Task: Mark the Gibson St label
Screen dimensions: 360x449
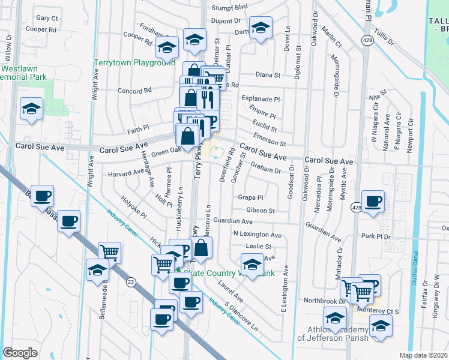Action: coord(260,211)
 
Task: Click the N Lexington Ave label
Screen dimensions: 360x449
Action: coord(258,235)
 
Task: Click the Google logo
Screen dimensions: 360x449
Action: coord(20,352)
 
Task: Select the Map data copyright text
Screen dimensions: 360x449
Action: coord(424,355)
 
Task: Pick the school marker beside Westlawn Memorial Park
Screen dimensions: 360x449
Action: coord(31,109)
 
